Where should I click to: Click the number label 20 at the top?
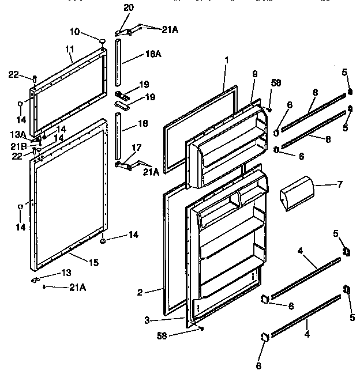click(128, 7)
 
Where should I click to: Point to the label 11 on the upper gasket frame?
click(69, 50)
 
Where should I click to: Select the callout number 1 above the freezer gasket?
click(227, 59)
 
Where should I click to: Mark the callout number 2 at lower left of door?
click(140, 292)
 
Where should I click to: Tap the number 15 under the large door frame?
click(92, 262)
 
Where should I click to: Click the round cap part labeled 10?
click(102, 41)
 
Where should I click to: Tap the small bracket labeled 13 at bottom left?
click(36, 279)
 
